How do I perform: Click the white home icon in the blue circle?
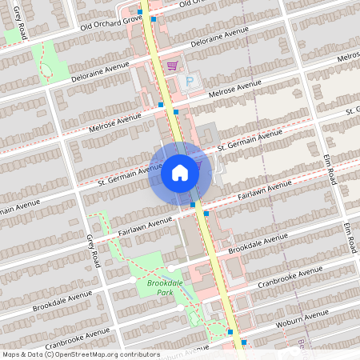(x=180, y=173)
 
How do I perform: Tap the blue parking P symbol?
(x=190, y=80)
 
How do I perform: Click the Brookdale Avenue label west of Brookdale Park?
(x=62, y=301)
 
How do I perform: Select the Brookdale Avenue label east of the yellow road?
(x=258, y=244)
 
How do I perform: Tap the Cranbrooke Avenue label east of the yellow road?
(x=290, y=277)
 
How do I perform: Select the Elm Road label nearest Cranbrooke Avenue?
(x=349, y=238)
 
